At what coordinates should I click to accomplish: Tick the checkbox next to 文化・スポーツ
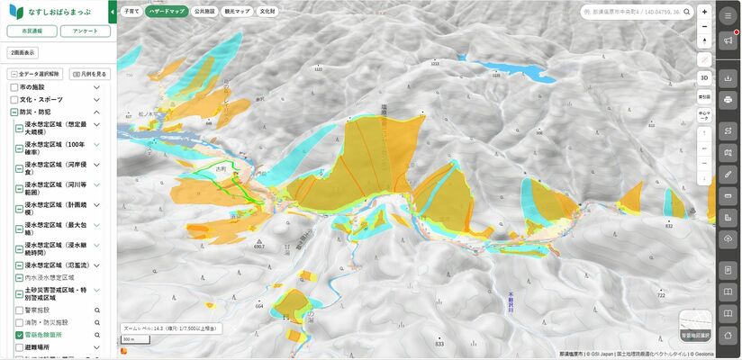14,98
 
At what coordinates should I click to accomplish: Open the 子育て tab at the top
131,13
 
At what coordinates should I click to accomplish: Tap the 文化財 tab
267,13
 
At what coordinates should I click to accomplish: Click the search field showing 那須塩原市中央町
634,13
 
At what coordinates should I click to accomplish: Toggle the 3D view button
704,77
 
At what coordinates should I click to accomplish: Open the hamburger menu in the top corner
728,17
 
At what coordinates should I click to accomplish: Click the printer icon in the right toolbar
728,99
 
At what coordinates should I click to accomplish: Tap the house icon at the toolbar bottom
728,335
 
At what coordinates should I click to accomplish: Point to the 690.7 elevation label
258,246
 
